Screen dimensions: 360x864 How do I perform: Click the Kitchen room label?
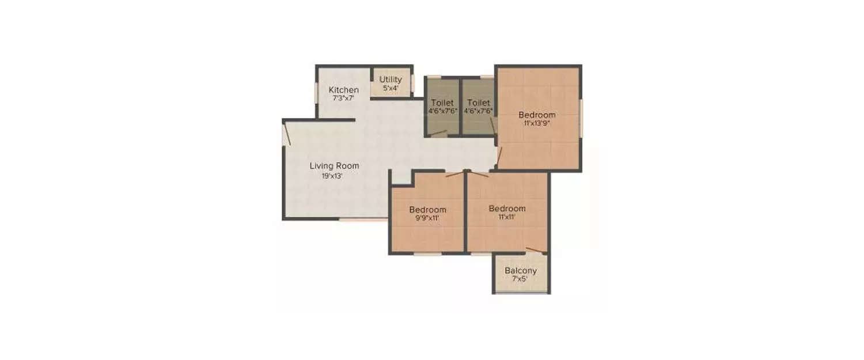[344, 90]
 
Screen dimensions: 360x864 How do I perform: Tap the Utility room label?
[391, 79]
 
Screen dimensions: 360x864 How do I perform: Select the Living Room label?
[334, 166]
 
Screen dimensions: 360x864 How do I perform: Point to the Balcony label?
[521, 271]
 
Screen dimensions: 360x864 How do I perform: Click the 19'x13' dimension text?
[332, 176]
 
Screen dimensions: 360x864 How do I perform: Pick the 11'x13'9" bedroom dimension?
[536, 123]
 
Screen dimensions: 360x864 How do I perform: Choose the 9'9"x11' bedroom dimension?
[427, 218]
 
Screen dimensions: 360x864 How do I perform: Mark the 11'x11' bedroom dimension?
[507, 218]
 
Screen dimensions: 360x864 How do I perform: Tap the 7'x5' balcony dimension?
[520, 279]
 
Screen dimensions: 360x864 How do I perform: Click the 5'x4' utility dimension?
[391, 89]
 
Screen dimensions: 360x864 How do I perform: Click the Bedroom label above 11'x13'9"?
[536, 114]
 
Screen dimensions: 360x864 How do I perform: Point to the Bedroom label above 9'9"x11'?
[427, 209]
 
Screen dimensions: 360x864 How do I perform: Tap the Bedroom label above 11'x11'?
[507, 209]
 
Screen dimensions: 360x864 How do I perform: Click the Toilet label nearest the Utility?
[442, 103]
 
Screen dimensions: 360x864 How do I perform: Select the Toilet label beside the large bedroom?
[479, 103]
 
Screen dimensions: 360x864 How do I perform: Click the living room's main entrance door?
[286, 134]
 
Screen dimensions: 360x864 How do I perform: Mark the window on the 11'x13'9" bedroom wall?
[581, 118]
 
